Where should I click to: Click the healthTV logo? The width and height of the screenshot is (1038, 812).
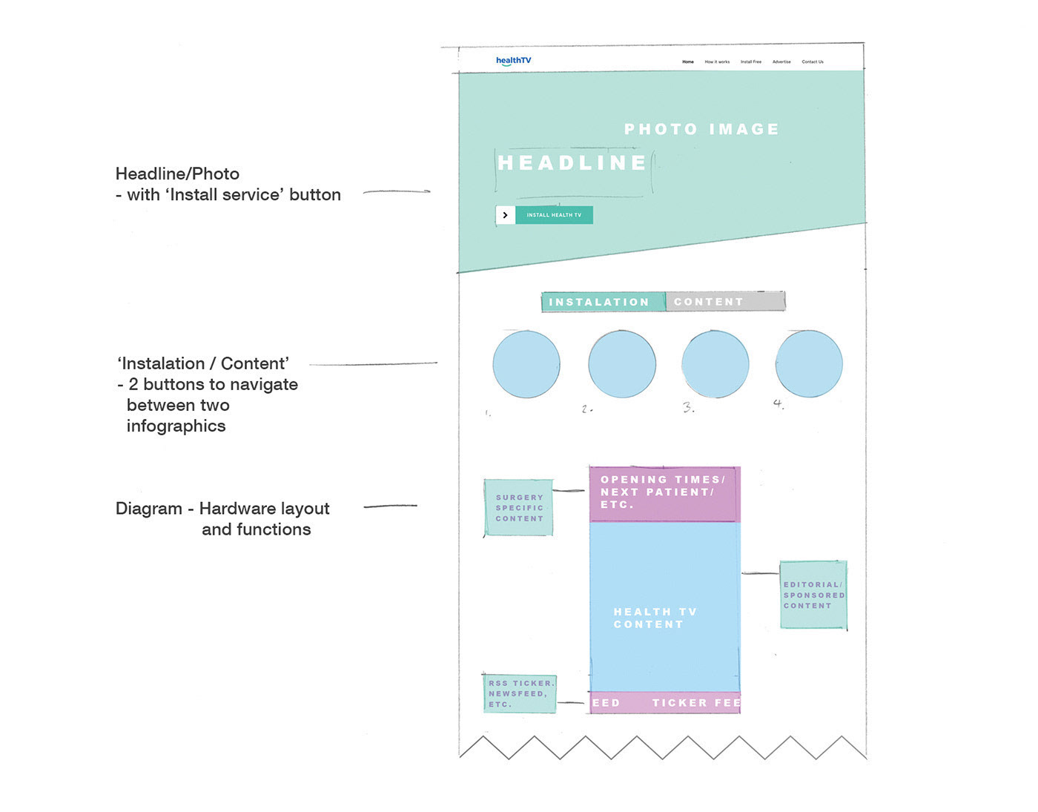click(513, 61)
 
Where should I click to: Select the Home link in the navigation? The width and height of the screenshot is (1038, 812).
click(688, 62)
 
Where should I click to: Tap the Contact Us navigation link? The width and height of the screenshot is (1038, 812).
click(813, 62)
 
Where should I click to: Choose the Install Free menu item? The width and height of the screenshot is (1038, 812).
click(750, 62)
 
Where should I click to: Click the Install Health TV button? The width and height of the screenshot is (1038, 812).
click(554, 215)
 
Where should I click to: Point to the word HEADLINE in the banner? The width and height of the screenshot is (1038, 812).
click(572, 163)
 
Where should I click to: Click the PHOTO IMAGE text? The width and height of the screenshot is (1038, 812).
click(701, 130)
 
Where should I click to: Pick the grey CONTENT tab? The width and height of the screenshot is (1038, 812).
click(724, 302)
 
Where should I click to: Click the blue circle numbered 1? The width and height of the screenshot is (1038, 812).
click(526, 364)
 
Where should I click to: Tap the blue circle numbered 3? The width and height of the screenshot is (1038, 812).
click(715, 364)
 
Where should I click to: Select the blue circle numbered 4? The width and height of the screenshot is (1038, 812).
click(809, 364)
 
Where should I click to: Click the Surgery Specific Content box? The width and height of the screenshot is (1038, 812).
click(519, 508)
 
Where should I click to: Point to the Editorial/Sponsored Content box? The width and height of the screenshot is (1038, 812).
click(813, 595)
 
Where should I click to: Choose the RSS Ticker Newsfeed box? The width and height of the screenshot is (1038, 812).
click(520, 694)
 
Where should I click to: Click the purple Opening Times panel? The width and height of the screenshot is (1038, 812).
click(664, 493)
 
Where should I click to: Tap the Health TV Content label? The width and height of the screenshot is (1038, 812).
click(655, 618)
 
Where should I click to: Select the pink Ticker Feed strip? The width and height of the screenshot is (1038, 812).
click(665, 703)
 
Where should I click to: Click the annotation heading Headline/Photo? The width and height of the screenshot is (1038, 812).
click(177, 174)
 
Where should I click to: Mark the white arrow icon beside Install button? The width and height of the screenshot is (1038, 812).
click(506, 215)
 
